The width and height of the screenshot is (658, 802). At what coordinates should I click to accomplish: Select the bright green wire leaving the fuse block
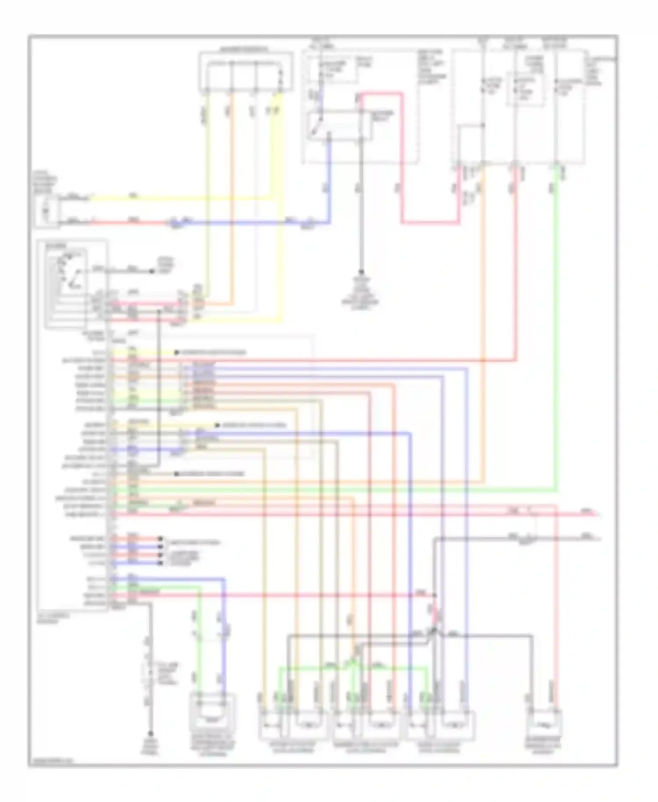(x=557, y=307)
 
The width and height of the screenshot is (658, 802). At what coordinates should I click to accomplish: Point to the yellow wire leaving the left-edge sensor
(x=175, y=198)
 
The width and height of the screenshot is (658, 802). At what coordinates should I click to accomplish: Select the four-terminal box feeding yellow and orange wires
(x=246, y=72)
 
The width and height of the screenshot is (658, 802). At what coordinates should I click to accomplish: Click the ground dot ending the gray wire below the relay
(x=362, y=272)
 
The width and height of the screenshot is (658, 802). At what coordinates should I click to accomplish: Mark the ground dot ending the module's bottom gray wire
(x=150, y=734)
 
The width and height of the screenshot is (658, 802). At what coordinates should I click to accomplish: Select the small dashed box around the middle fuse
(x=525, y=90)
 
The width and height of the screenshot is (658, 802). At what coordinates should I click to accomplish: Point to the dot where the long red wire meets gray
(x=435, y=595)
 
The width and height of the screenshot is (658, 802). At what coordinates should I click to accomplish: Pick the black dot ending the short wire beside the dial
(x=152, y=272)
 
